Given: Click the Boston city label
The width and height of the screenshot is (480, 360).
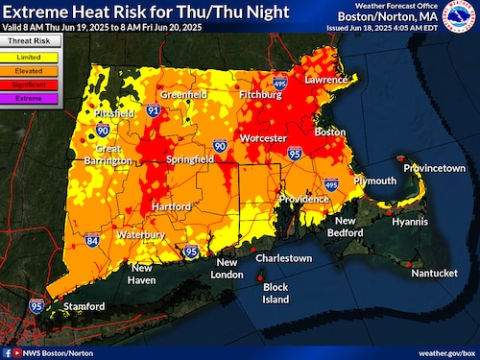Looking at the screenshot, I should pos(330,131).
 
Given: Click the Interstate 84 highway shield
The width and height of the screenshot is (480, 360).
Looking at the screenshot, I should pos(91,240).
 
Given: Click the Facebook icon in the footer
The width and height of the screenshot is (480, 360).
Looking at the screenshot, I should pos(7,352).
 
